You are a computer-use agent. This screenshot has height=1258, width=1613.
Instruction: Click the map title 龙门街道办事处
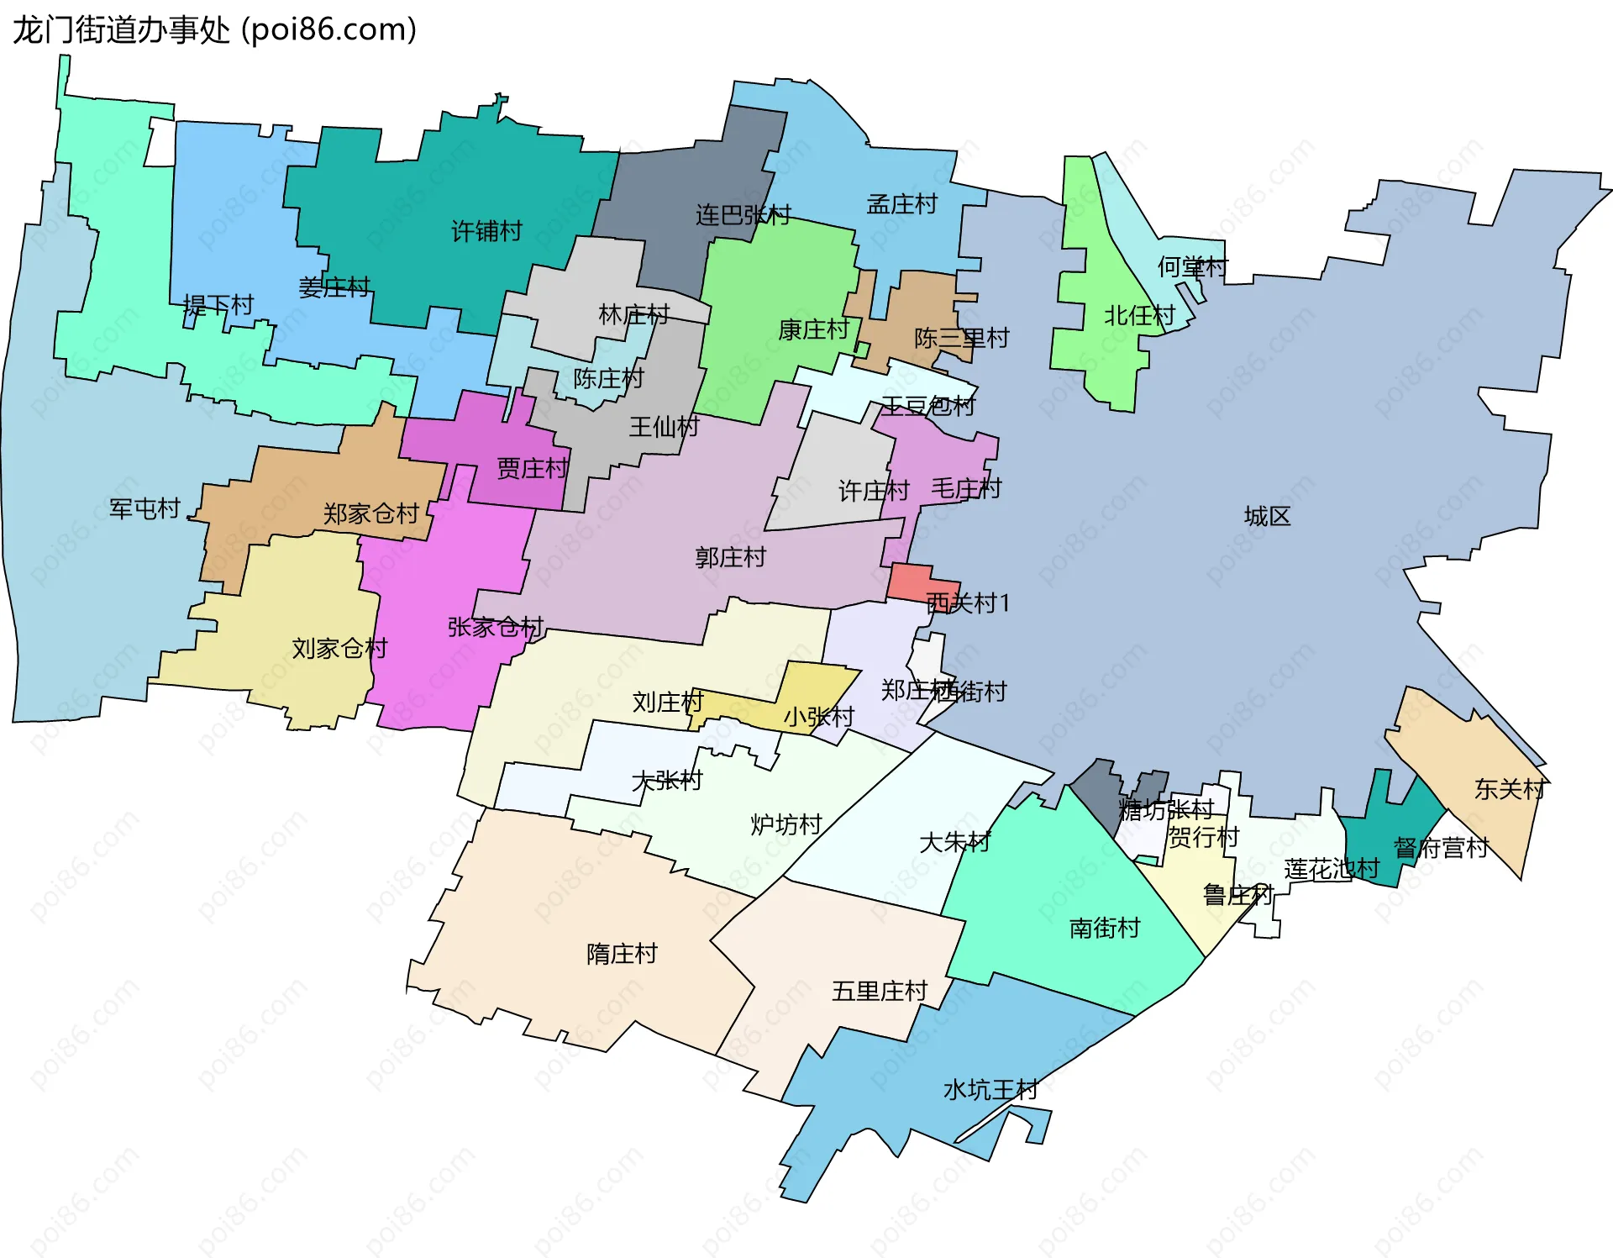121,30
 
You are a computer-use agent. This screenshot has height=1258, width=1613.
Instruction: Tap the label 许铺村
486,231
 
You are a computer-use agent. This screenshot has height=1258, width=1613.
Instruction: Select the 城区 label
1267,516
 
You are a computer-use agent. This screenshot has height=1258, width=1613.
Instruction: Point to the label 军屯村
144,508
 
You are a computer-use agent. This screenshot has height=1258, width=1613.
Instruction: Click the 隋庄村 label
622,954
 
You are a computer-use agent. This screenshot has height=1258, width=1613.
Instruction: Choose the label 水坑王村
990,1090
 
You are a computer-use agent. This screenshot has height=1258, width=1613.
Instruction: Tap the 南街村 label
1105,928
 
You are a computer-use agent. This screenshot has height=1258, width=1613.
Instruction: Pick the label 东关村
1510,789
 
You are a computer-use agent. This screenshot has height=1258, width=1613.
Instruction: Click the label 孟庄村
901,204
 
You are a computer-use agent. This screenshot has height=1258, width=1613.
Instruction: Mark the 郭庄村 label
730,557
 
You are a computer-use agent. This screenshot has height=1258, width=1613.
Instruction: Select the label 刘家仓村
339,648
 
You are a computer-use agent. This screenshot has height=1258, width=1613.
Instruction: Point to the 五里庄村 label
879,992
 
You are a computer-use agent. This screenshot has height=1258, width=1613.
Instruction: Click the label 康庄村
813,329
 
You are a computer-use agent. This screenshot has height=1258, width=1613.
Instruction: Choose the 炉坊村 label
785,824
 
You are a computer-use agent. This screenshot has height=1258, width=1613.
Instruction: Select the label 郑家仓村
370,513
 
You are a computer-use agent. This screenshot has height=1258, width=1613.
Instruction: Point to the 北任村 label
1139,316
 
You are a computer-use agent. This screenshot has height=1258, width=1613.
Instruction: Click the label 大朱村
954,841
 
